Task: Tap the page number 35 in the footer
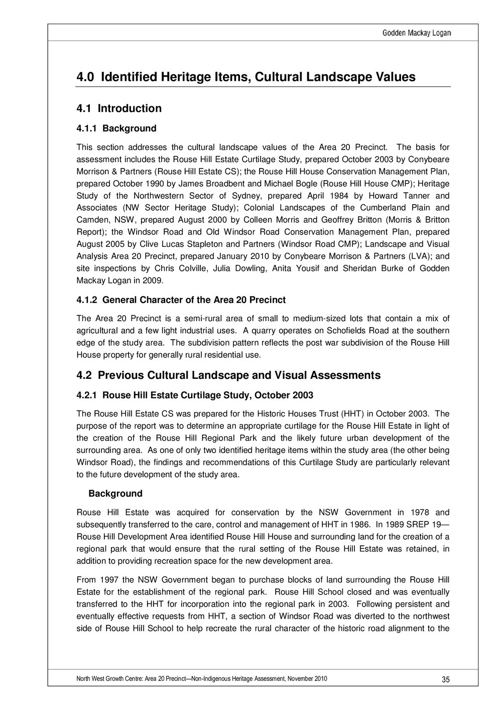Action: [x=445, y=680]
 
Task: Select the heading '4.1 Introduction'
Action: [x=119, y=108]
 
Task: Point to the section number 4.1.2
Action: [x=88, y=300]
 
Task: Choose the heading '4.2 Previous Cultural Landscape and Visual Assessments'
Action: [x=228, y=375]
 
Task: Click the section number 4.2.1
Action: [x=88, y=395]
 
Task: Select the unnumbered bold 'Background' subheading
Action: [x=115, y=494]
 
